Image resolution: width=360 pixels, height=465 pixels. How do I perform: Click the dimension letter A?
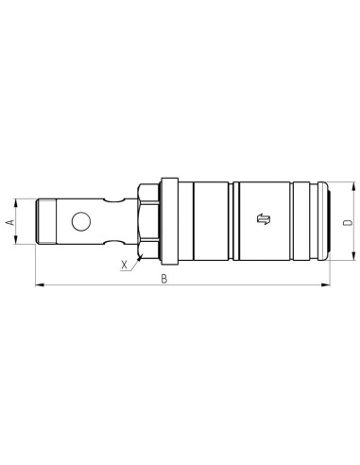click(9, 222)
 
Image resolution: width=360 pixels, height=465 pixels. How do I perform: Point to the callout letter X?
click(125, 266)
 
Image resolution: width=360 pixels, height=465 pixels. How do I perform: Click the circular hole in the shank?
click(79, 223)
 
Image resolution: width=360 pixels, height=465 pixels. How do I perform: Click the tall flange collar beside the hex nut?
click(169, 222)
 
